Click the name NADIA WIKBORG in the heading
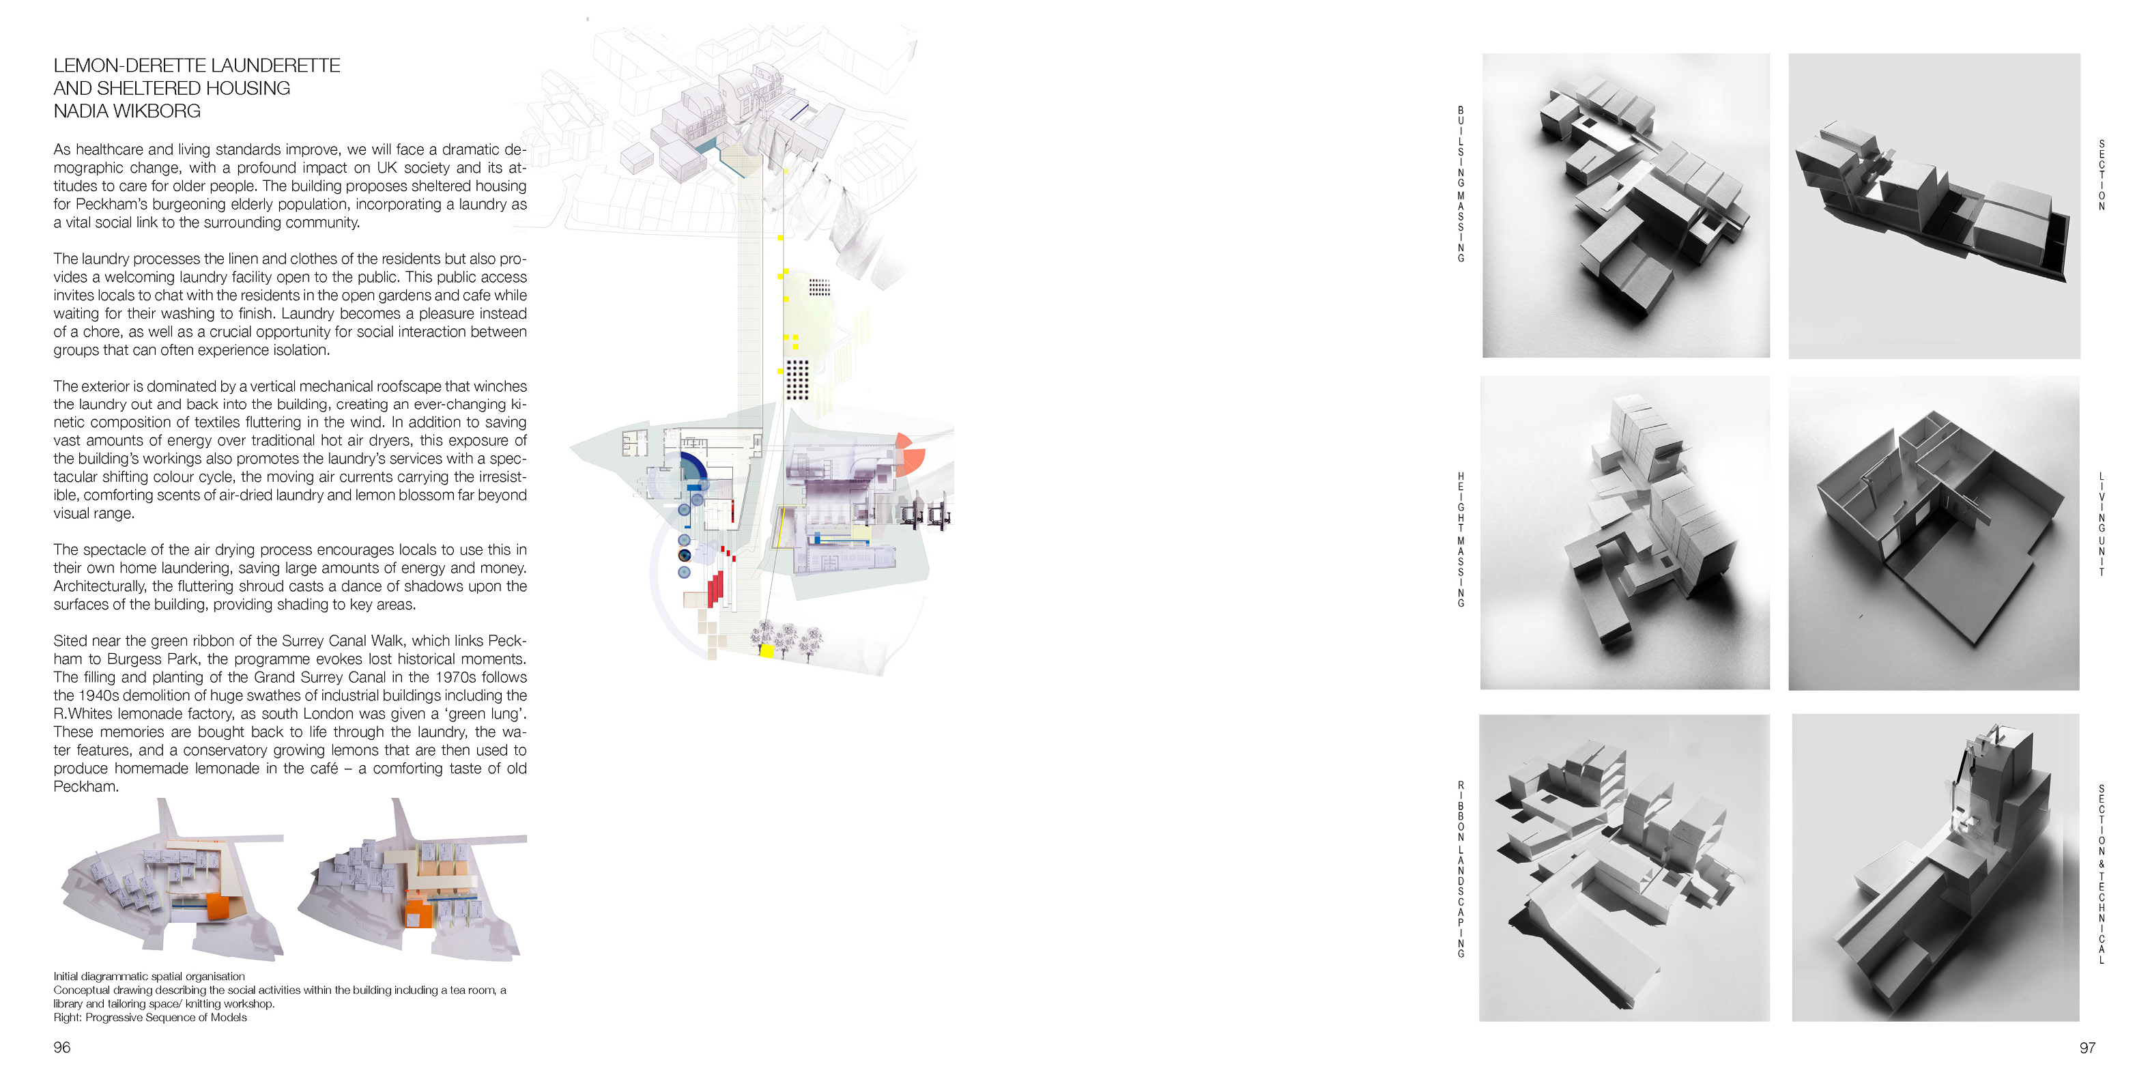pos(127,111)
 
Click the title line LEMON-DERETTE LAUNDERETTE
pos(197,65)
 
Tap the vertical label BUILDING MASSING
pos(1461,184)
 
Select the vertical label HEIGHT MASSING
pos(1461,539)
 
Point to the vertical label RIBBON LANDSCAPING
pos(1461,869)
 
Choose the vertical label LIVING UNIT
pos(2102,524)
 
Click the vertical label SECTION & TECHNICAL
pos(2102,874)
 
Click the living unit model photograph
pos(1934,533)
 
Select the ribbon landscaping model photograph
pos(1624,868)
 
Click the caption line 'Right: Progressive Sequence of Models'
pos(150,1018)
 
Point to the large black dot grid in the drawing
pos(797,379)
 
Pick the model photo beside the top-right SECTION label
pos(1934,206)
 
